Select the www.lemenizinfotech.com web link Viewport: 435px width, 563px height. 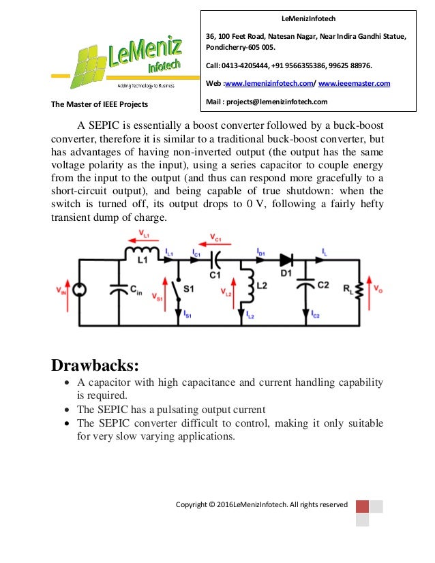268,83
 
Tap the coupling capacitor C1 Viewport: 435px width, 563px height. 216,260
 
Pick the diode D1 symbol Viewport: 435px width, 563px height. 286,260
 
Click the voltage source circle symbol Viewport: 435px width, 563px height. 79,290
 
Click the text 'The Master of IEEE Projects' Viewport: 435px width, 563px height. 100,104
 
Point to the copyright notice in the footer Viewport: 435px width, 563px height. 261,504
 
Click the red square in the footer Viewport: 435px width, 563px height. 362,506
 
